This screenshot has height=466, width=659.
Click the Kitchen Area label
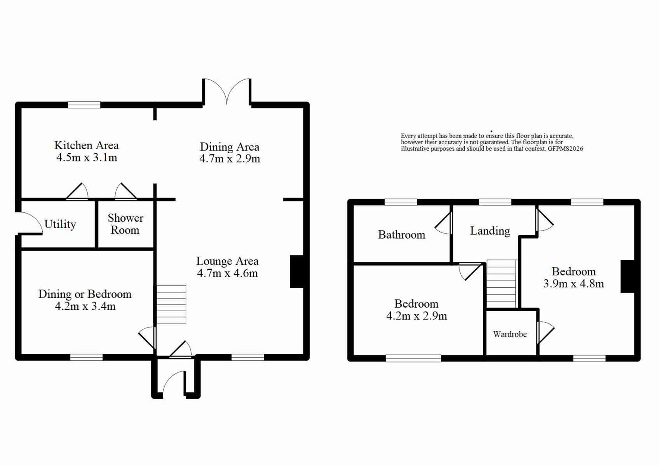(86, 145)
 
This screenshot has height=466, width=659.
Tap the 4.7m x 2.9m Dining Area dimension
(229, 159)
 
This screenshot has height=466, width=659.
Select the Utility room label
(60, 224)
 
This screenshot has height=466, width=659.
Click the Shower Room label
(125, 224)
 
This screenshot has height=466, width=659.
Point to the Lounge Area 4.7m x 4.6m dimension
(227, 273)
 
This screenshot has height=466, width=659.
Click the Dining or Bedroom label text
(85, 294)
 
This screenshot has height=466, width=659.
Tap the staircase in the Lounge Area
(171, 304)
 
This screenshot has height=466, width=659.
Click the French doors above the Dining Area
(227, 91)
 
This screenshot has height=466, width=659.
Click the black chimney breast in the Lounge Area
(296, 271)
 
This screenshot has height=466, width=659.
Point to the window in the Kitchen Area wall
(84, 105)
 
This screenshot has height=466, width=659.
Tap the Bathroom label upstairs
(402, 235)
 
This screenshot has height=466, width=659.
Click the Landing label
(490, 231)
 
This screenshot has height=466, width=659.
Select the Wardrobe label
(510, 334)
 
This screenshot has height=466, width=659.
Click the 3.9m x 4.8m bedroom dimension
(573, 284)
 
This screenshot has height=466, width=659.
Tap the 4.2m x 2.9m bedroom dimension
(416, 316)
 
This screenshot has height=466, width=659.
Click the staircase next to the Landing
(501, 283)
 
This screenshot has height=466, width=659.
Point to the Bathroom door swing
(444, 224)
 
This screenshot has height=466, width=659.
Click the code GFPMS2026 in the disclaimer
(565, 149)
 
